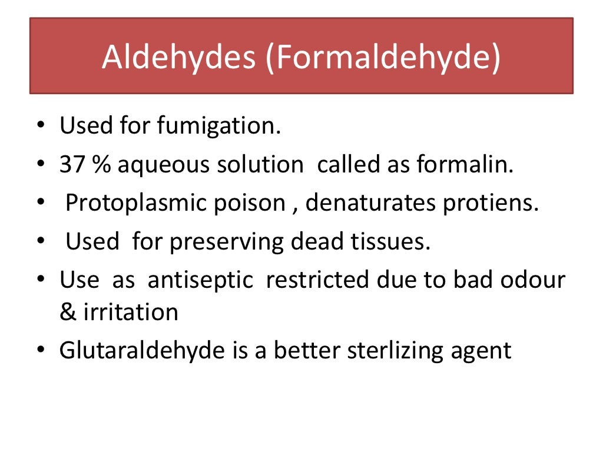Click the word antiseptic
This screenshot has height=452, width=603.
(200, 281)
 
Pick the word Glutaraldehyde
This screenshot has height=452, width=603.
(142, 351)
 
